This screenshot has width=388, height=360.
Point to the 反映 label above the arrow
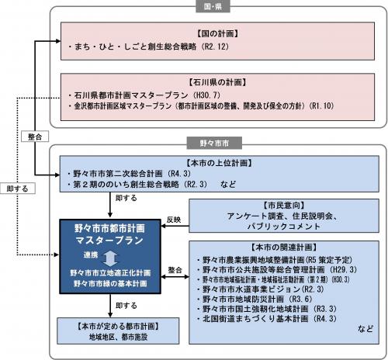[173, 220]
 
